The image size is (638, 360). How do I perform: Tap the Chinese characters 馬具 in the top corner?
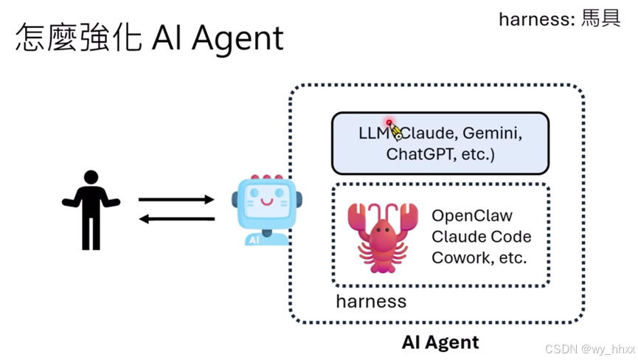tap(600, 18)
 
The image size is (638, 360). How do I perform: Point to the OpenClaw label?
tap(472, 215)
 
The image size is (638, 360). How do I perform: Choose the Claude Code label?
tap(482, 237)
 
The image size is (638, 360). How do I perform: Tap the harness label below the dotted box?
tap(371, 302)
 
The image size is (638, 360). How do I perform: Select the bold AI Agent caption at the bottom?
tap(440, 342)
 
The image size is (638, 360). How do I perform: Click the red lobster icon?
tap(383, 237)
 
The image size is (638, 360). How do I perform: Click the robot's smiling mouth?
tap(267, 202)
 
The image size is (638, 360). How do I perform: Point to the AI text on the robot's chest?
tap(254, 240)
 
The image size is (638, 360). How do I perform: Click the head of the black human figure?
tap(91, 177)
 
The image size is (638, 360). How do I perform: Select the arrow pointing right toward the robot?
tap(176, 199)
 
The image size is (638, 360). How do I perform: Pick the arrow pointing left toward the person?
tap(176, 219)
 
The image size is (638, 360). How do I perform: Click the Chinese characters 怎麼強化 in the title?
tap(79, 38)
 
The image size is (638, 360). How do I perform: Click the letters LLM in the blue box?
tap(373, 134)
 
